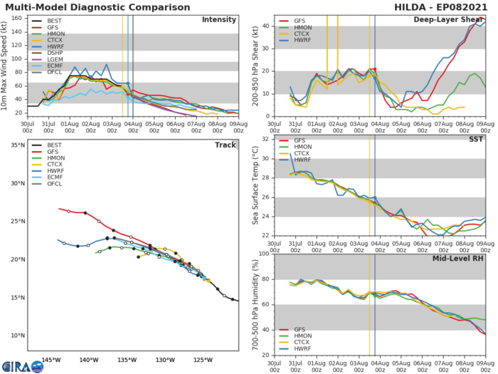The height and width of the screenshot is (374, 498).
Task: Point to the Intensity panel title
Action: [219, 19]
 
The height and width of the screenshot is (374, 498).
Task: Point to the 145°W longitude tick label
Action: [51, 360]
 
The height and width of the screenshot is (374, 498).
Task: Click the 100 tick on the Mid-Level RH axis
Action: [263, 253]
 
